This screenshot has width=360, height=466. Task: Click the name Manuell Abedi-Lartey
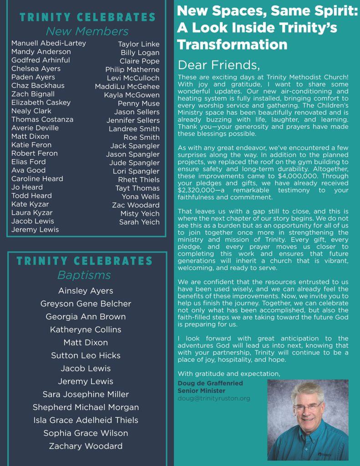point(49,43)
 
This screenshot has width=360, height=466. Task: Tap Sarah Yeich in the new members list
point(139,222)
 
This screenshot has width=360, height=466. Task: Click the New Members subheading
point(87,31)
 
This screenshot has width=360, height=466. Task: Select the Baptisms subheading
point(84,275)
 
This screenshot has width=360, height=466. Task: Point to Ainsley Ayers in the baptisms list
point(86,291)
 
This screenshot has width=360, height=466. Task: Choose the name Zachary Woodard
point(86,446)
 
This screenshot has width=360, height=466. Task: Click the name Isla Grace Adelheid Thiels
point(86,420)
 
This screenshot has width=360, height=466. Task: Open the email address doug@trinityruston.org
point(214,398)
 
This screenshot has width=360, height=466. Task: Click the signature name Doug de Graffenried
point(210,383)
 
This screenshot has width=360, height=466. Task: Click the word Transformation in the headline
point(232,45)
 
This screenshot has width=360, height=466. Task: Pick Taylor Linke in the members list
point(139,44)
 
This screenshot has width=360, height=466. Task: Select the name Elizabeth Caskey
point(41,102)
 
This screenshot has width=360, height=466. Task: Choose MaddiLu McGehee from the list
point(127,86)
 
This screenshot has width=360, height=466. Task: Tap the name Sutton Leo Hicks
point(86,355)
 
